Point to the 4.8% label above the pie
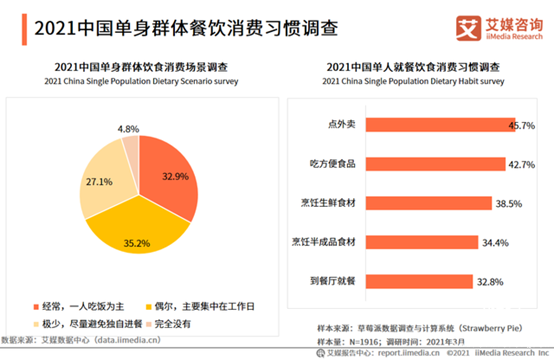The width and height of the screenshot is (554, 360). click(128, 130)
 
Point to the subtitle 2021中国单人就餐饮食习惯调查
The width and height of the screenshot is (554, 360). click(412, 67)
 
